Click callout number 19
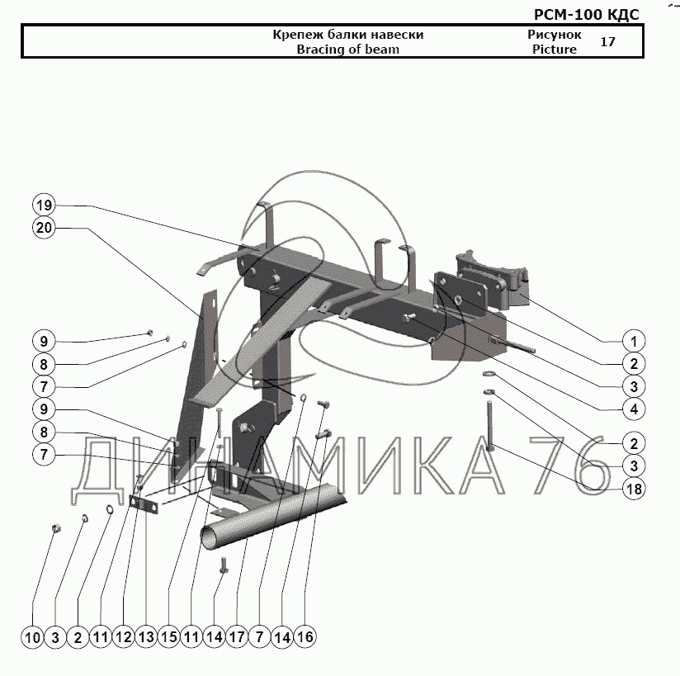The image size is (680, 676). [x=44, y=205]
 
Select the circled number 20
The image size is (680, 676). [x=44, y=229]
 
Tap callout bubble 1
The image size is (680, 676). [x=633, y=341]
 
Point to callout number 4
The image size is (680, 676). [x=633, y=408]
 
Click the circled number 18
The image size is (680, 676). [x=633, y=489]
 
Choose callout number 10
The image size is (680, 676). [x=33, y=637]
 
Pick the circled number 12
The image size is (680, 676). [x=123, y=637]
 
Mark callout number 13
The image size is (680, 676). [x=146, y=637]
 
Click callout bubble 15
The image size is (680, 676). [x=169, y=637]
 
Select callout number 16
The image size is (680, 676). [x=305, y=637]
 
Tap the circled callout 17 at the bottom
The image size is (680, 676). [x=237, y=637]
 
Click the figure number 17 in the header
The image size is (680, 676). [x=607, y=41]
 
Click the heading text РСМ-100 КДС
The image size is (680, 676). [x=587, y=13]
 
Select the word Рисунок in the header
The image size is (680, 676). [x=554, y=35]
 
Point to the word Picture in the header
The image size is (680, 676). [x=554, y=50]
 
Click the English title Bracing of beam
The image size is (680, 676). [x=347, y=50]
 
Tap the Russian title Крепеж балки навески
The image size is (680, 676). [x=347, y=35]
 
